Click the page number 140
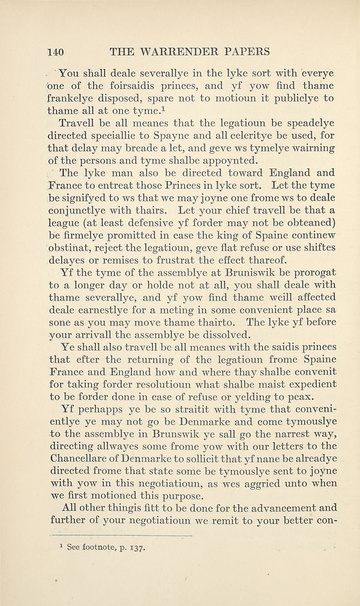(56, 51)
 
